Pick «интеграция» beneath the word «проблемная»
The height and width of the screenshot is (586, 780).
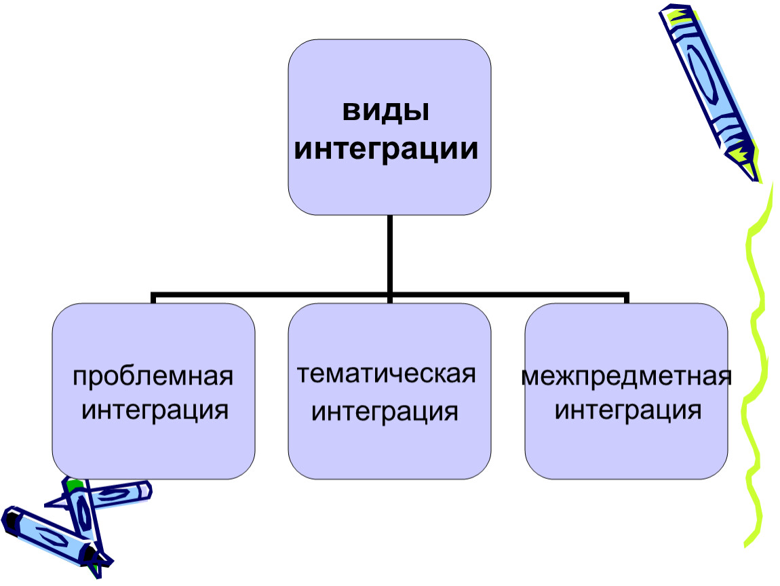point(155,410)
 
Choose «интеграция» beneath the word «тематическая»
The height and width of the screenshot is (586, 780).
point(385,411)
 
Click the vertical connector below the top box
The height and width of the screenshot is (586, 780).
point(389,254)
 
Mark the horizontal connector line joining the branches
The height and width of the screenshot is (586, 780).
point(271,296)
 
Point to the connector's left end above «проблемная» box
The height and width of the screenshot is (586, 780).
point(154,298)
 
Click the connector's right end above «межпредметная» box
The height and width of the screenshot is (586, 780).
point(625,298)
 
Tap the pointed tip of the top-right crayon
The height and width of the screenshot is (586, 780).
point(754,176)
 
